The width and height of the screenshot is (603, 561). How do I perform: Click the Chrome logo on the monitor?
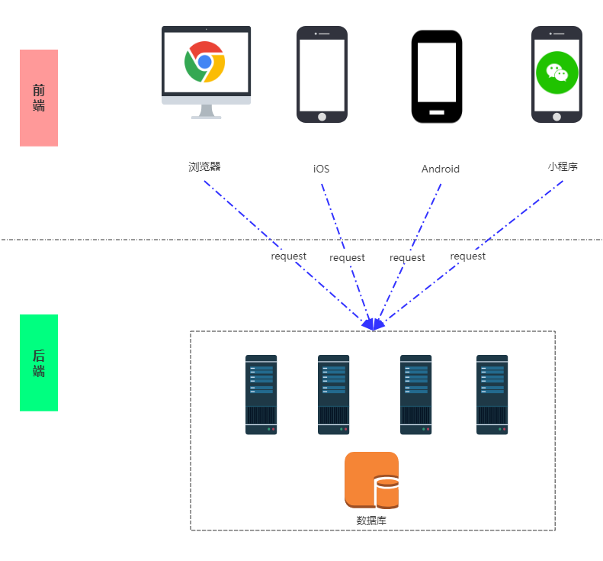pyautogui.click(x=205, y=62)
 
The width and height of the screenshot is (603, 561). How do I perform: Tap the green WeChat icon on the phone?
pyautogui.click(x=556, y=73)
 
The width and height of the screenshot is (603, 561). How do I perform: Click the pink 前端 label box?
pyautogui.click(x=39, y=98)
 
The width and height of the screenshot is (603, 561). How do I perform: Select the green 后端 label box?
pyautogui.click(x=39, y=363)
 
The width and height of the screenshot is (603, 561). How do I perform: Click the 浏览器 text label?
pyautogui.click(x=204, y=166)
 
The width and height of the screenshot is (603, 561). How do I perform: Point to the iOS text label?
pyautogui.click(x=322, y=169)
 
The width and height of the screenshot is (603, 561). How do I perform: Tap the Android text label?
pyautogui.click(x=441, y=169)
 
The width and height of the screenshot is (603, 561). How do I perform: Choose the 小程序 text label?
pyautogui.click(x=563, y=166)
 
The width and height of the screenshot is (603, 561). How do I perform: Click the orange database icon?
pyautogui.click(x=372, y=479)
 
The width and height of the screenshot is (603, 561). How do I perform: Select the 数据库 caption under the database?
pyautogui.click(x=372, y=521)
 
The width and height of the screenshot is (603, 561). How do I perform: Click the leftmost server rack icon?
pyautogui.click(x=261, y=395)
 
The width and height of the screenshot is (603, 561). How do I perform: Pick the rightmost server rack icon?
pyautogui.click(x=492, y=395)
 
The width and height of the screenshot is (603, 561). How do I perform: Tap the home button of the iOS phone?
pyautogui.click(x=322, y=117)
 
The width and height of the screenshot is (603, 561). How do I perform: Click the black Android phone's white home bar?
pyautogui.click(x=437, y=112)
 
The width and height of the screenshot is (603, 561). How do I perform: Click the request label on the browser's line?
pyautogui.click(x=288, y=256)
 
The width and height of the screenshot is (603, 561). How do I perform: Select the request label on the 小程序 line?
pyautogui.click(x=467, y=256)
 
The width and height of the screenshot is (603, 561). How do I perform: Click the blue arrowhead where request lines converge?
pyautogui.click(x=373, y=324)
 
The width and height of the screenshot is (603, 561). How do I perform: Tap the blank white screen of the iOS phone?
pyautogui.click(x=322, y=74)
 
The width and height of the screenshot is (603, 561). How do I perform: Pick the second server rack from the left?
pyautogui.click(x=333, y=395)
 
